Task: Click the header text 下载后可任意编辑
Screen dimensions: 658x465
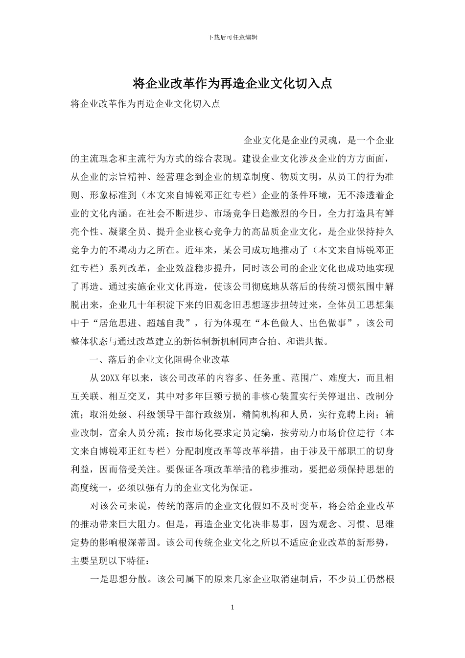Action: pos(232,37)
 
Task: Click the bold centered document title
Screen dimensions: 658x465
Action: pos(232,84)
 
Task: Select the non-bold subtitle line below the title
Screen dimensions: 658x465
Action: pos(145,104)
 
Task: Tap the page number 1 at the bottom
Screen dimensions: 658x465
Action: pos(232,607)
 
